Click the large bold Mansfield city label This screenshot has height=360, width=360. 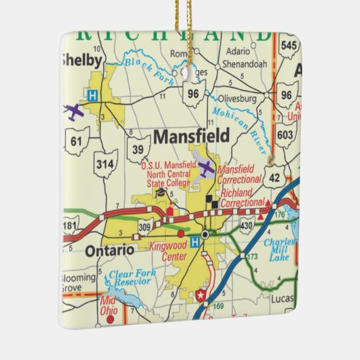click(192, 136)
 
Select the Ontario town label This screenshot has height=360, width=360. click(109, 250)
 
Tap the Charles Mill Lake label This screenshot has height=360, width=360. click(280, 249)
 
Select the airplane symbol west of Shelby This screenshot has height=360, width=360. click(73, 110)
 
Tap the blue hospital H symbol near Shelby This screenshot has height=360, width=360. click(92, 95)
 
